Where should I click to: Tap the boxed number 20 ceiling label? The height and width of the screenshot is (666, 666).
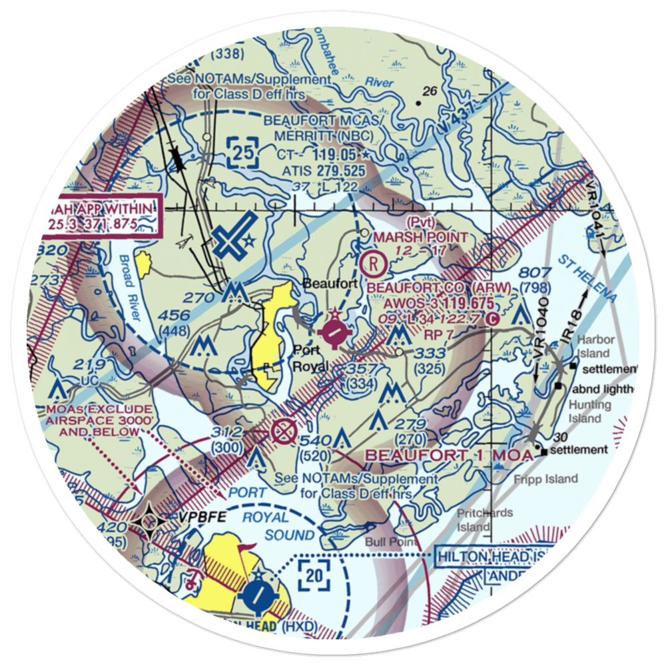[x=314, y=574]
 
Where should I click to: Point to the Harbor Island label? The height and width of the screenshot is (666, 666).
[x=593, y=346]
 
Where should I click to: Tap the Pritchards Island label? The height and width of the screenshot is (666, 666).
[x=485, y=519]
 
